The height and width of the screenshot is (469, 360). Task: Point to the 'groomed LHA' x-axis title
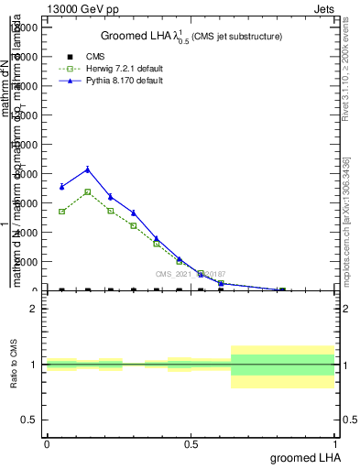[301, 457]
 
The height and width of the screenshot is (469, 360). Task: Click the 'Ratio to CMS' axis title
[15, 364]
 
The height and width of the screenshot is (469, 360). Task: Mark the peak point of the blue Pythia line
[88, 169]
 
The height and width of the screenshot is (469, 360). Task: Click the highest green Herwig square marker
[88, 191]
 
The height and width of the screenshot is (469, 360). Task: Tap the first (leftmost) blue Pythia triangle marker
[61, 186]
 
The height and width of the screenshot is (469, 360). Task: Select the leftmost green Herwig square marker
[61, 212]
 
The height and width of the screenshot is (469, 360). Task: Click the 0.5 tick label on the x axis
[191, 443]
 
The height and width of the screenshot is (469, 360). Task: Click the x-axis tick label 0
[47, 443]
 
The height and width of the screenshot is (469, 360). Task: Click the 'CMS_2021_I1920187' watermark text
[191, 274]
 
